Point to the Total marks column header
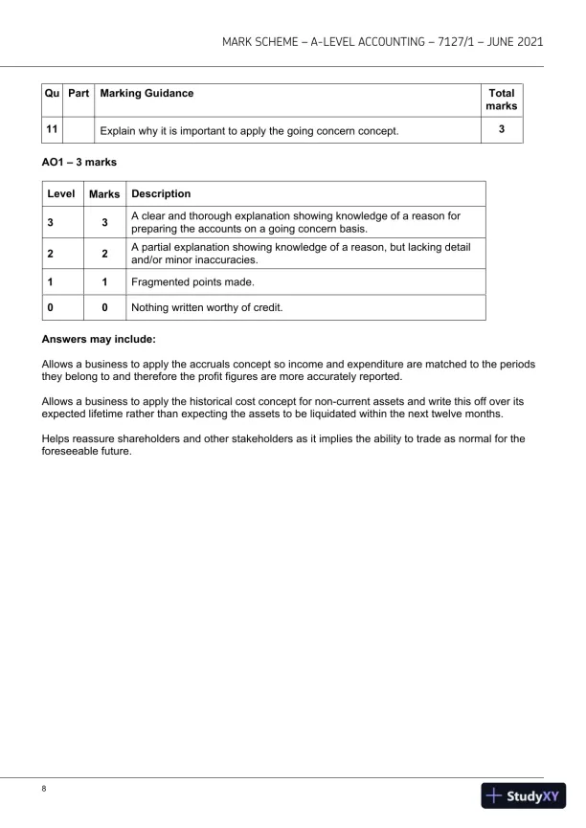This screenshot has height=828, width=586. click(501, 100)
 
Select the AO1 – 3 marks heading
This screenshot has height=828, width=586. click(79, 164)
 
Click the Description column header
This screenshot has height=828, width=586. click(162, 194)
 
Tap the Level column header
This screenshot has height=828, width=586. click(62, 194)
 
